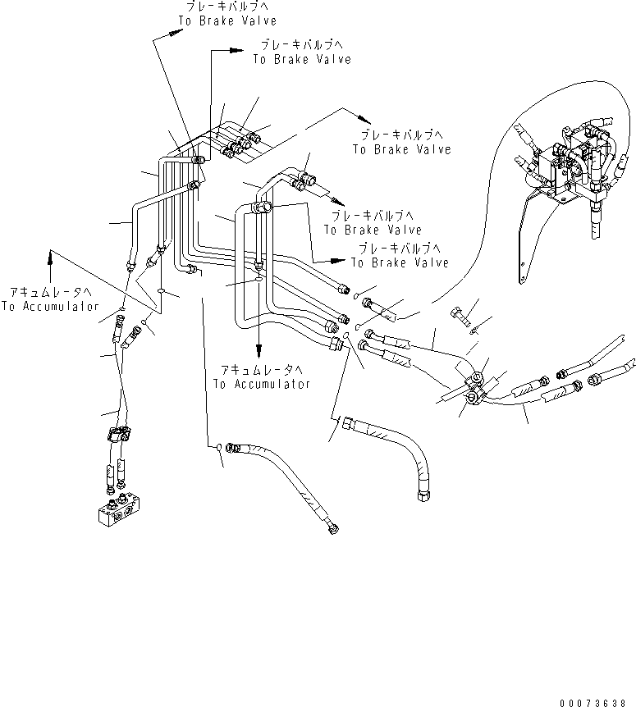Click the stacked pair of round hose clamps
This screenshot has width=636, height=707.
pos(474,388)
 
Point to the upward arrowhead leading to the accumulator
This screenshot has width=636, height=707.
pos(51,258)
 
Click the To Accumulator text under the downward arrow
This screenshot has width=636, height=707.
pos(262,384)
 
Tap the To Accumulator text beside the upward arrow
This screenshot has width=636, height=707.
pos(50,307)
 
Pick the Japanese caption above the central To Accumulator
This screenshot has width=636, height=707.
pos(262,370)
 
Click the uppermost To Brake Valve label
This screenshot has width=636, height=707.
pos(227,21)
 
